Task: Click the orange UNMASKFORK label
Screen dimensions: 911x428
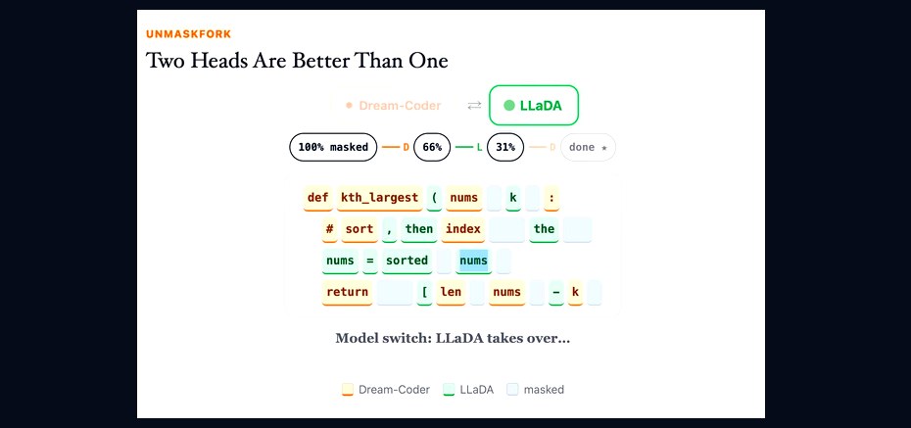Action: pyautogui.click(x=188, y=34)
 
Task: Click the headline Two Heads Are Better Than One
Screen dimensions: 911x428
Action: pyautogui.click(x=297, y=61)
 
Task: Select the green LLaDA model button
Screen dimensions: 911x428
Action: pyautogui.click(x=534, y=105)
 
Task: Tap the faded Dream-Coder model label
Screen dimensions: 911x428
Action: pyautogui.click(x=394, y=106)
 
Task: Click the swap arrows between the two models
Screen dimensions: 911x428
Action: pyautogui.click(x=475, y=105)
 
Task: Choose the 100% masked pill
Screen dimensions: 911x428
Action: pyautogui.click(x=333, y=148)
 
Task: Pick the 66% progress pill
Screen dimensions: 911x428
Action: pyautogui.click(x=432, y=148)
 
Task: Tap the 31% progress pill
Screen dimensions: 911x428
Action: pyautogui.click(x=505, y=148)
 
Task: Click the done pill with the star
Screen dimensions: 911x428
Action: pyautogui.click(x=588, y=148)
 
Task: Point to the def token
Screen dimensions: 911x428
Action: pyautogui.click(x=318, y=198)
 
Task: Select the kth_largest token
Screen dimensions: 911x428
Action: pyautogui.click(x=380, y=198)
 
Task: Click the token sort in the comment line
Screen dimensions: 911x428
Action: pyautogui.click(x=360, y=229)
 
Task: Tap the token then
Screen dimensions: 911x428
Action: pyautogui.click(x=419, y=229)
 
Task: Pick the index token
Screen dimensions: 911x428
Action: pyautogui.click(x=463, y=229)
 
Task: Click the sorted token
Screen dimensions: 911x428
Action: pyautogui.click(x=407, y=261)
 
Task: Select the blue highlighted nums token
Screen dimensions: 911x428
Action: pyautogui.click(x=473, y=261)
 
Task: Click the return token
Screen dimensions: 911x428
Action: pyautogui.click(x=348, y=292)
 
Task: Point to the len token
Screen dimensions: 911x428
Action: pyautogui.click(x=451, y=292)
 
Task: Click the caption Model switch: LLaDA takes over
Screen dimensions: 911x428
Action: pyautogui.click(x=453, y=339)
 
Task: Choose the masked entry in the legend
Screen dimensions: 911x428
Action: pyautogui.click(x=535, y=390)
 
